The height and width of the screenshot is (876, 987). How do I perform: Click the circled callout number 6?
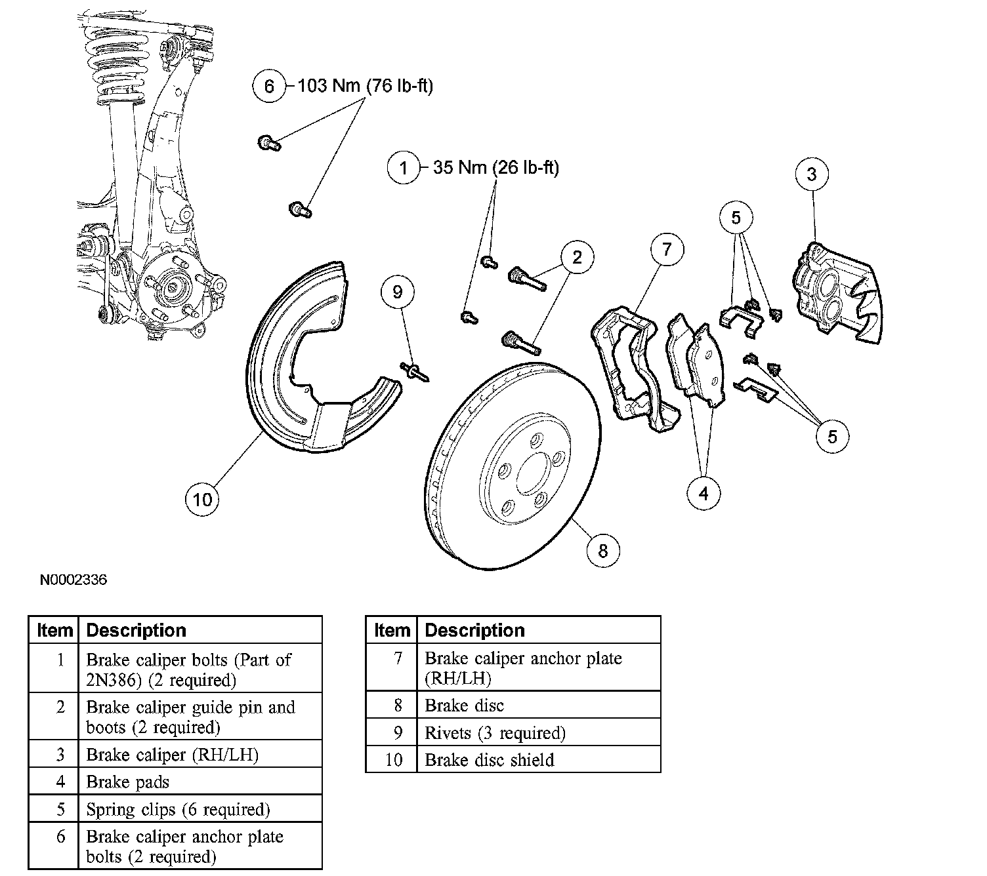coord(269,86)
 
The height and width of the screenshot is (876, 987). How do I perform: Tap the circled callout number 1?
coord(404,169)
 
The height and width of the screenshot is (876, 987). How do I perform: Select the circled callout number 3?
coord(812,174)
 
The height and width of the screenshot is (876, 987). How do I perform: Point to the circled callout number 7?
coord(667,250)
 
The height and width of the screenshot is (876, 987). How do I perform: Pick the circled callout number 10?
coord(202,500)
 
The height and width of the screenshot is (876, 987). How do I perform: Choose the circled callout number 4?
coord(703,493)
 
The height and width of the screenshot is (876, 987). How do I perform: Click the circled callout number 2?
coord(577,256)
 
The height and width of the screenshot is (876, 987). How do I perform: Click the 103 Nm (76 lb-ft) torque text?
coord(366,86)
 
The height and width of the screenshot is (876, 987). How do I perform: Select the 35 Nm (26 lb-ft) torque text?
coord(496,169)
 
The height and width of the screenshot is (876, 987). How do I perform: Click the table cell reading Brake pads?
coord(128,782)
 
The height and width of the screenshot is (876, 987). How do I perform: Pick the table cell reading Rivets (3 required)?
coord(495,733)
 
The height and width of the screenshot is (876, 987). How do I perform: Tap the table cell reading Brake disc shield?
coord(490,760)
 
